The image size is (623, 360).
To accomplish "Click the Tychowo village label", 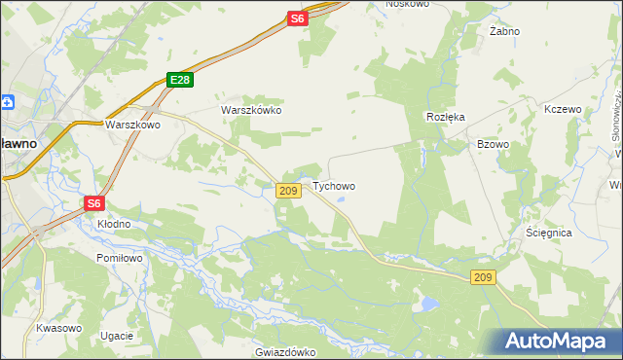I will point(333,186).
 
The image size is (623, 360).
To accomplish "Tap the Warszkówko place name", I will point(251,110).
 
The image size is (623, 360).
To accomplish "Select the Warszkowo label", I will point(131,125).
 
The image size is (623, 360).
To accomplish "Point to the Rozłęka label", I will point(446,116).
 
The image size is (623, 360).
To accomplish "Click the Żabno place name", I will point(504,31).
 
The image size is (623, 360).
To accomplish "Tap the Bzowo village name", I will point(493,144).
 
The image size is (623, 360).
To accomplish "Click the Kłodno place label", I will point(113,224).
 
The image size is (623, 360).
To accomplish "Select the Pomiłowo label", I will point(120,258).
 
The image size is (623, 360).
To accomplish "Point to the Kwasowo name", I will point(57,328).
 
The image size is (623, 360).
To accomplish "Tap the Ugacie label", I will point(116,336).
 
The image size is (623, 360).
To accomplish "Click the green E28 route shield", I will point(177,81).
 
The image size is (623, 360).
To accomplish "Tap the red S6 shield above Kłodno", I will point(93,202).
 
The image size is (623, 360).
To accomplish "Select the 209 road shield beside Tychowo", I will point(287,191).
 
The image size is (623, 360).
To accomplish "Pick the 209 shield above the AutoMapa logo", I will point(484,278).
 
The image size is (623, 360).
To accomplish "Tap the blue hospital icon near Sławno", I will point(7,101).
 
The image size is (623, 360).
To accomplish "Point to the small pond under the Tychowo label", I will point(341,201).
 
